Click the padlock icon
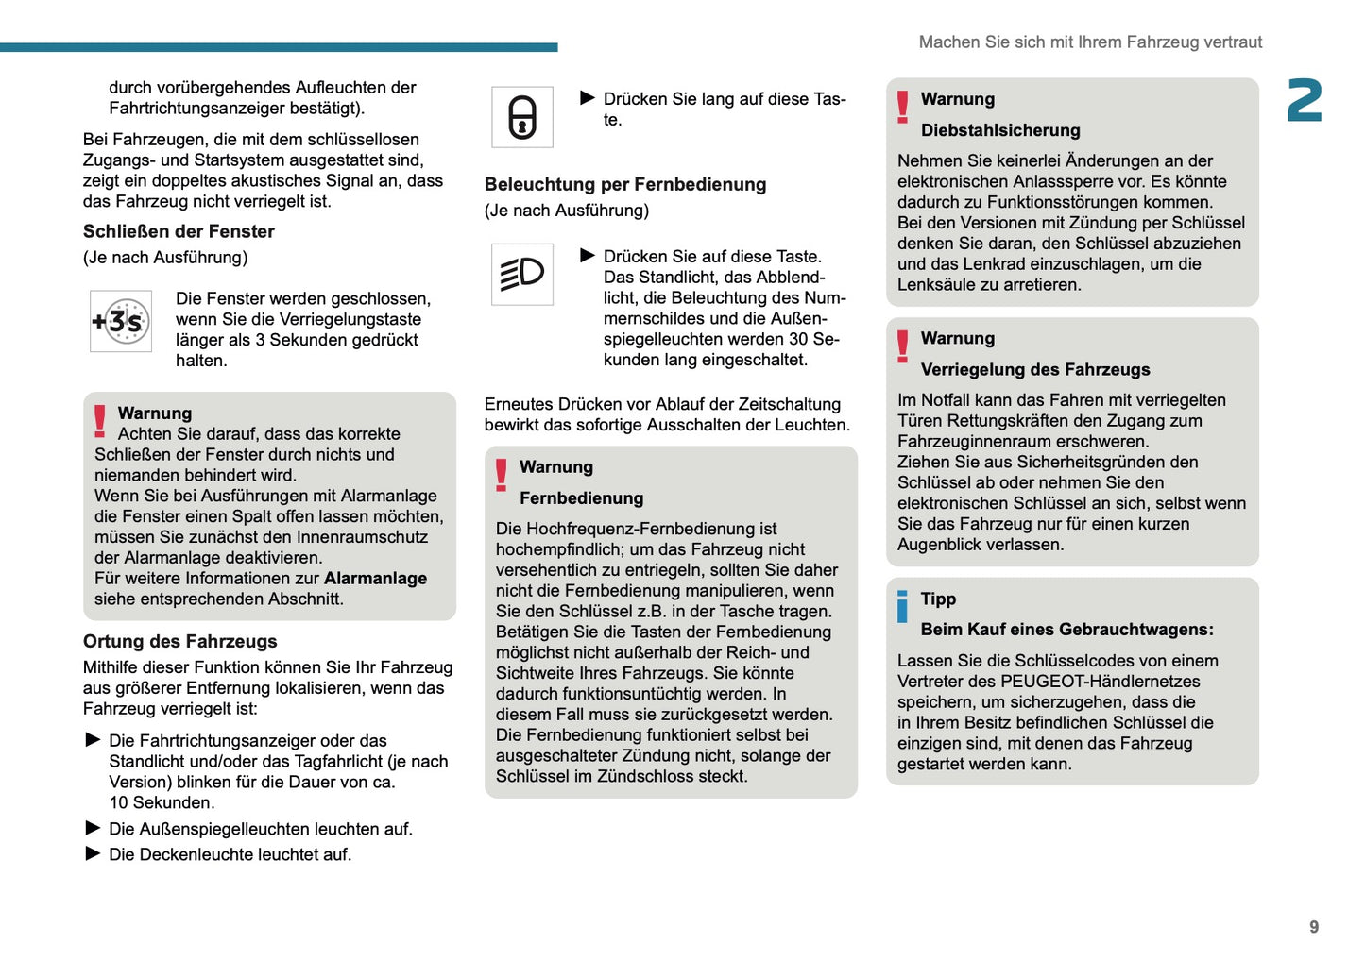(x=522, y=117)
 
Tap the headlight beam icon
(x=522, y=275)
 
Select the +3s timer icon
(x=121, y=322)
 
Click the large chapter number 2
(x=1305, y=101)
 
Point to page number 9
(x=1313, y=927)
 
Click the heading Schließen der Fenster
(x=179, y=231)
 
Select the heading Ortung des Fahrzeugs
(x=179, y=641)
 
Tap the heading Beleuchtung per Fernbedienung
(x=624, y=184)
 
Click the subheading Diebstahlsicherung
(x=999, y=130)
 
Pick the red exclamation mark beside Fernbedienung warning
(x=501, y=475)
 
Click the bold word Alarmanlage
(x=375, y=578)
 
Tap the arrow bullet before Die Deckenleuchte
(x=93, y=853)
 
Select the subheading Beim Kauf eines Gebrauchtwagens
(x=1066, y=629)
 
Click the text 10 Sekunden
(x=162, y=802)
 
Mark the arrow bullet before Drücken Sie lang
(x=587, y=98)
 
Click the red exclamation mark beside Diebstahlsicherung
(x=902, y=107)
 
